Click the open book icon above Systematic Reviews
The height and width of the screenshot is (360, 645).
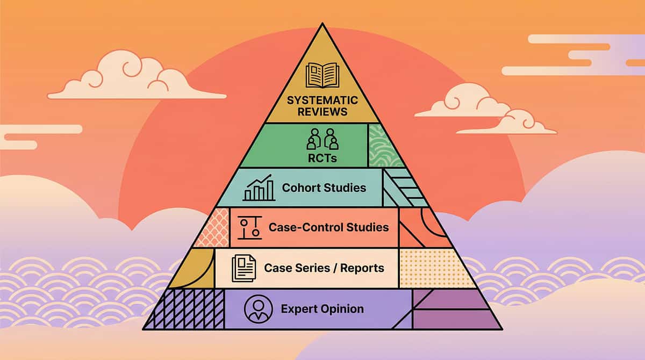pos(322,75)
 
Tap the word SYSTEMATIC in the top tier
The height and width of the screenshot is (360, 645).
pos(322,100)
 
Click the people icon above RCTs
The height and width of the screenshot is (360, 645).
pos(322,139)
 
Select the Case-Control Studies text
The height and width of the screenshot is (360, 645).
pos(328,227)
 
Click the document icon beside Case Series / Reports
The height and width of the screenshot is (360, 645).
pos(243,268)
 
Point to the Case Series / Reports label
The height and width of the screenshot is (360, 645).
pos(325,268)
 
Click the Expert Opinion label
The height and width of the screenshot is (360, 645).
pos(322,309)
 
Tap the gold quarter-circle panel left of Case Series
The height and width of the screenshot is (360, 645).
pos(195,269)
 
